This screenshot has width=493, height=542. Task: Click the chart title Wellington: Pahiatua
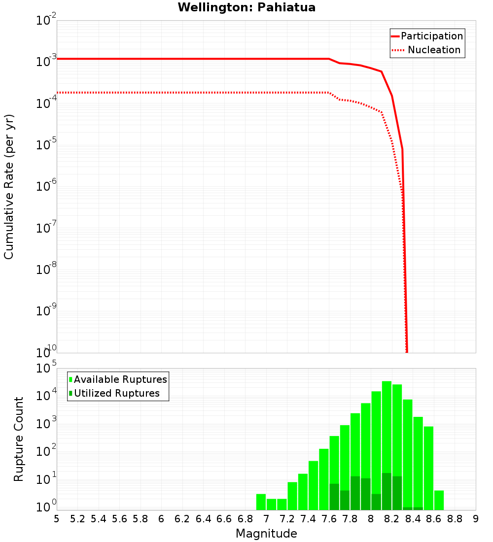[246, 8]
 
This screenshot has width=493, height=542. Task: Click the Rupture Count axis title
[19, 439]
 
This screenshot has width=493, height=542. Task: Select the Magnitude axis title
[266, 533]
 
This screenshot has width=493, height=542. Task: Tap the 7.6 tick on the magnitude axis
[329, 519]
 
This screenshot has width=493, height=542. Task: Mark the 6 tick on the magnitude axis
[161, 519]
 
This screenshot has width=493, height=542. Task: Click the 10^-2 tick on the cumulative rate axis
[46, 21]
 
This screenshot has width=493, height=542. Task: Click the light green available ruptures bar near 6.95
[261, 502]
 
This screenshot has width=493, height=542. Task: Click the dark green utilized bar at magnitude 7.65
[334, 497]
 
